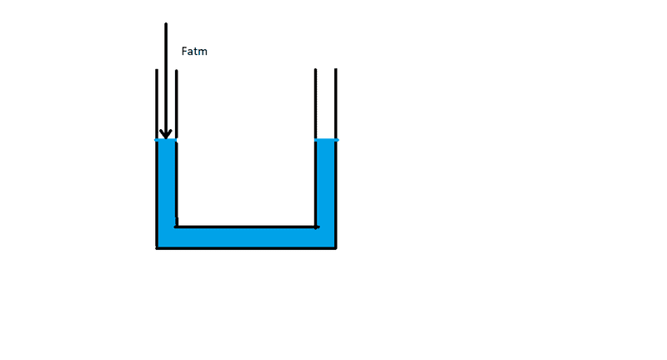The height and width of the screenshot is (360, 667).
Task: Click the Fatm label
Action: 194,52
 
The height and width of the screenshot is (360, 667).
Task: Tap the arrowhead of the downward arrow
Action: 165,133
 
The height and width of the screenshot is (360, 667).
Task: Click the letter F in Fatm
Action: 184,52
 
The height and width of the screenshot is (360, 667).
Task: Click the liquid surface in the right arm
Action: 325,140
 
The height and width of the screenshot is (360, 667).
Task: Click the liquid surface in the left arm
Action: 166,140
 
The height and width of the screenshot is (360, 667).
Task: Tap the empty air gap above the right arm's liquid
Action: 325,104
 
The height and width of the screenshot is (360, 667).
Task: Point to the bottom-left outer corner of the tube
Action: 157,247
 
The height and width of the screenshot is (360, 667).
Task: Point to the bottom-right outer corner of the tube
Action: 335,247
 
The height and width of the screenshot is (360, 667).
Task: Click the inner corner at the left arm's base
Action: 176,226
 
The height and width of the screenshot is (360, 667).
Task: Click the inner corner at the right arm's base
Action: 316,226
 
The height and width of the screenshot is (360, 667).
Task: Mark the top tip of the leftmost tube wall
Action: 156,70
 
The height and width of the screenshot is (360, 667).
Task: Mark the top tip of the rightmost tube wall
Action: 335,70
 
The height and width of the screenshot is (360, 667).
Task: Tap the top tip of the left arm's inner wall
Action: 176,70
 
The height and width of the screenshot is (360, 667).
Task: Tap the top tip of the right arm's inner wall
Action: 315,70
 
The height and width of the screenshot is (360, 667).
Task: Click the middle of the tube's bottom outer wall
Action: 246,247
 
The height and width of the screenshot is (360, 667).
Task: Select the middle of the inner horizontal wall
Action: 246,226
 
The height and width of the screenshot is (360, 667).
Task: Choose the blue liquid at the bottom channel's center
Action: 246,237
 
